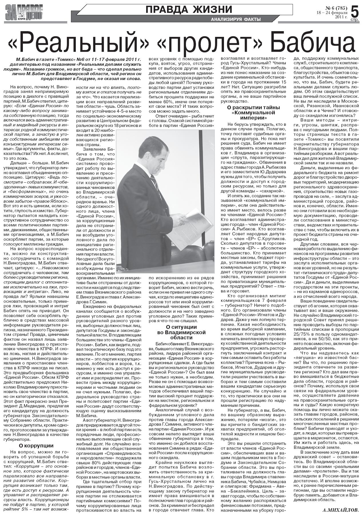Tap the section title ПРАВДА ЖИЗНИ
pos(189,9)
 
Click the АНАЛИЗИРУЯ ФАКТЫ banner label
pos(236,19)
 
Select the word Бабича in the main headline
pos(312,43)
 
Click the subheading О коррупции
pos(36,445)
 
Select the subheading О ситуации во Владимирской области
pos(181,332)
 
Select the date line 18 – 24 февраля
pos(332,13)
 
